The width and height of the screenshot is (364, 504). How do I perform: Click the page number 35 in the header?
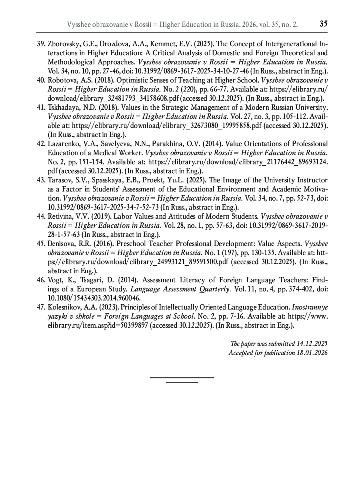coord(323,23)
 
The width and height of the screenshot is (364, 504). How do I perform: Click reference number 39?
coord(41,44)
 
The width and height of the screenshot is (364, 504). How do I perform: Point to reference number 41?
coord(41,108)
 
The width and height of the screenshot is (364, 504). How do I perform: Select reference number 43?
coord(41,180)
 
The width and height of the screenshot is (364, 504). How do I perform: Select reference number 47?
coord(41,307)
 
